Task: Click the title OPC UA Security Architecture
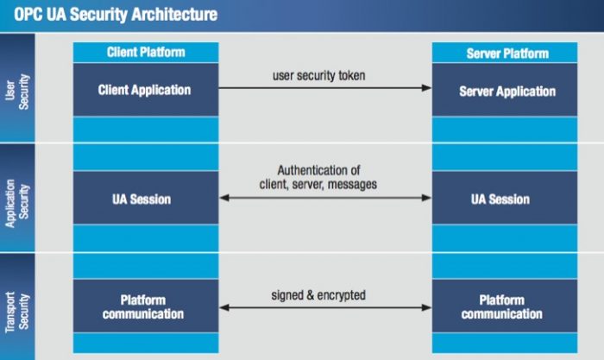tap(116, 15)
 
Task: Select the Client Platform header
tap(146, 53)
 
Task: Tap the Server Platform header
tap(505, 53)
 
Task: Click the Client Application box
tap(146, 90)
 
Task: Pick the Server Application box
tap(505, 90)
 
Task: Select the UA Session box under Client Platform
tap(146, 198)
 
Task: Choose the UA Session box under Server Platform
tap(505, 198)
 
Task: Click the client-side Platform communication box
tap(146, 306)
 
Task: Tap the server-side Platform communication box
tap(505, 306)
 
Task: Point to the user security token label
tap(319, 76)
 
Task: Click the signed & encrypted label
tap(318, 295)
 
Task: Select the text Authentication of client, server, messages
tap(318, 177)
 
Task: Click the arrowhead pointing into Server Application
tap(426, 88)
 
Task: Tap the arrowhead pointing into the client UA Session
tap(224, 198)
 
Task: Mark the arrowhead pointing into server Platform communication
tap(426, 307)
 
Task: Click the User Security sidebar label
tap(17, 92)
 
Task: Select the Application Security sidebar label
tap(17, 202)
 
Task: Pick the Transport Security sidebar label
tap(17, 312)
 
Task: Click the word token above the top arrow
tap(352, 76)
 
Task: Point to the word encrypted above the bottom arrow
tap(342, 295)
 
